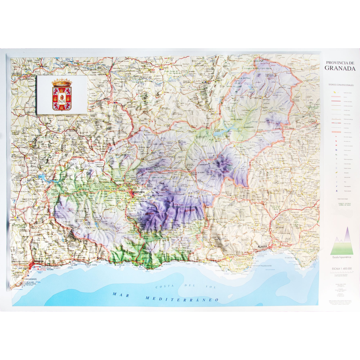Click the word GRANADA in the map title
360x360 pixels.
point(340,69)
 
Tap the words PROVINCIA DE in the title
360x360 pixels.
point(340,62)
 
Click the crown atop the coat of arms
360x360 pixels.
point(62,82)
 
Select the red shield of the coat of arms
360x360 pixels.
point(62,97)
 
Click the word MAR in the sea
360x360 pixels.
point(120,294)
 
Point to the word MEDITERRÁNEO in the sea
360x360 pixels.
point(182,299)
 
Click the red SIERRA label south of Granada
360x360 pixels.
point(150,213)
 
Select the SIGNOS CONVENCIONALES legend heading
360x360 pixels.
point(338,84)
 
